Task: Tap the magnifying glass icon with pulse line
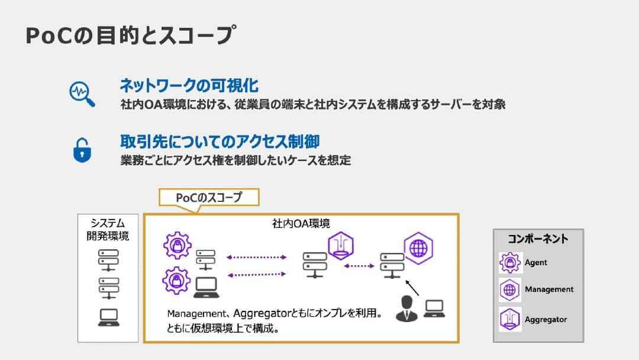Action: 82,93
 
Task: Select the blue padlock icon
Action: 82,150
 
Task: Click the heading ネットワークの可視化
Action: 189,86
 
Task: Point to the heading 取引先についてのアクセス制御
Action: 220,142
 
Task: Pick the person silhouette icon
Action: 406,308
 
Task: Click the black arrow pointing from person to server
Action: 411,287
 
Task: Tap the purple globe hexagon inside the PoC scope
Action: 418,248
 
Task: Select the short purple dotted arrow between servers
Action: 363,266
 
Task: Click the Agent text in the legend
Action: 535,262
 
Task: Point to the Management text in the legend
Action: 548,290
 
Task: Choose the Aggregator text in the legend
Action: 546,320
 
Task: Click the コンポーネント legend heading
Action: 538,239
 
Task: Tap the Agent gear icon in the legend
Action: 509,262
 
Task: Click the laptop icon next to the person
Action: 434,308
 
